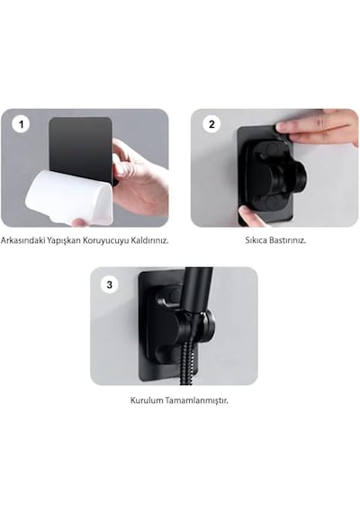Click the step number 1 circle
point(22,124)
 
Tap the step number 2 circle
point(211,124)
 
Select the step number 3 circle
point(110,284)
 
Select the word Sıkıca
point(256,240)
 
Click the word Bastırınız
point(288,240)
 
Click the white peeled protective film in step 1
point(69,197)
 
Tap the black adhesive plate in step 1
point(81,148)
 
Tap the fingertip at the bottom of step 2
point(249,215)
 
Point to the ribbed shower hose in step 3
point(187,359)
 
